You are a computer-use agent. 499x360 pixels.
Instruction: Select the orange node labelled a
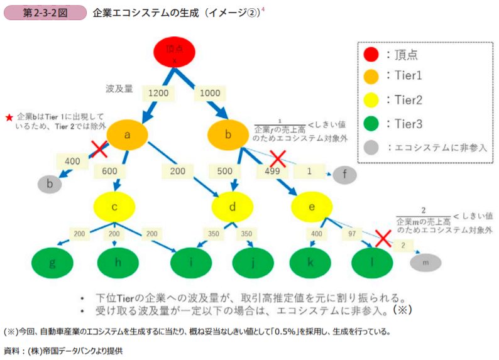(127, 134)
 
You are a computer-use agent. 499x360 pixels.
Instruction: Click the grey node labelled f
(346, 174)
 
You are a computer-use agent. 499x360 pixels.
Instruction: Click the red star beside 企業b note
(9, 117)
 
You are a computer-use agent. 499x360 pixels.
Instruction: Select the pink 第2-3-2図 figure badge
(45, 13)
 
